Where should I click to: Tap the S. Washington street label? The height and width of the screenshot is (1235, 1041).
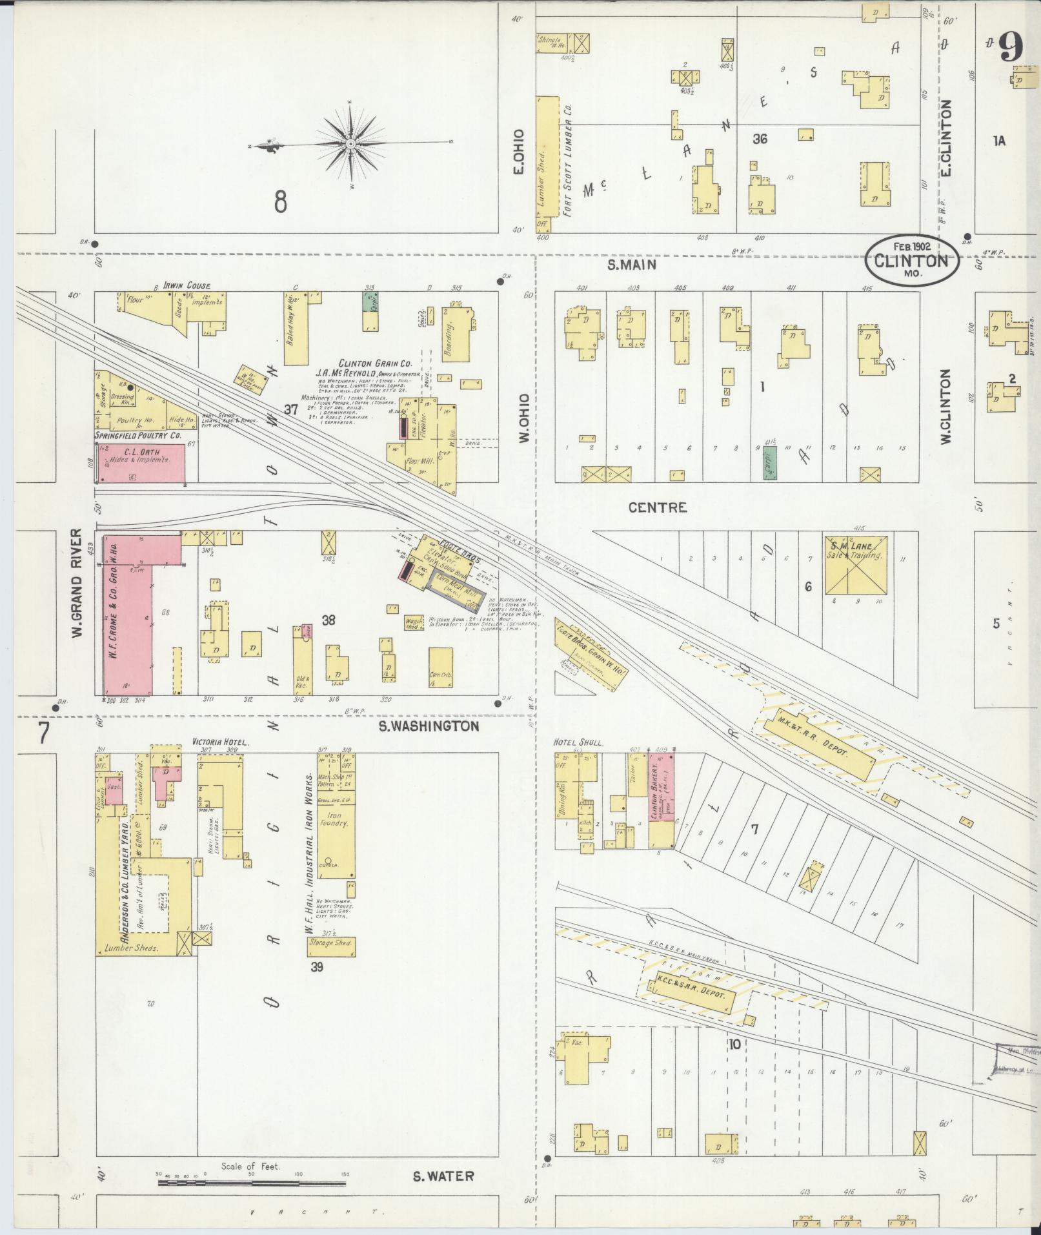(429, 726)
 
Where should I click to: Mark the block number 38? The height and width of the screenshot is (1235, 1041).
(328, 620)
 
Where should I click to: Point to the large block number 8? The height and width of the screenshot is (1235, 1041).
(280, 202)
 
